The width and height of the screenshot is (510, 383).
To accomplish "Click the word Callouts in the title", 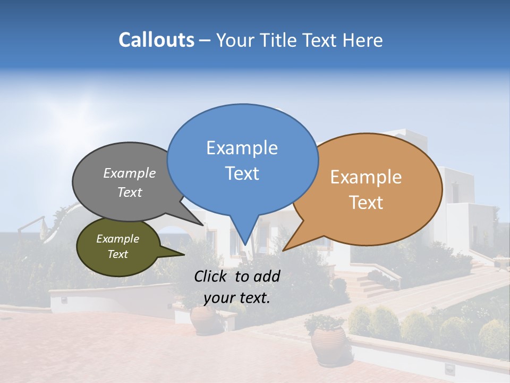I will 157,40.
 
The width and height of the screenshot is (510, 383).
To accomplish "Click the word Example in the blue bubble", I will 242,147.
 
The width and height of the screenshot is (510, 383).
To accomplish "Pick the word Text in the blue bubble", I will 242,173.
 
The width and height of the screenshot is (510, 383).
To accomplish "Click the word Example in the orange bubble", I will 366,177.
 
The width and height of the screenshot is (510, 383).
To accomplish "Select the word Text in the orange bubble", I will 366,203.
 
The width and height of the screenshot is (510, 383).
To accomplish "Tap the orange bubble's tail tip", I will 284,249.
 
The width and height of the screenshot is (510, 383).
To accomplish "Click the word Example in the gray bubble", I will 130,173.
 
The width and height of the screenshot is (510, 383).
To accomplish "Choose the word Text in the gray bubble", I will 130,192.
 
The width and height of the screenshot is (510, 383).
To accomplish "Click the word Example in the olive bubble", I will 117,239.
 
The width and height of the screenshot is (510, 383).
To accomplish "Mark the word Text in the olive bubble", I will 117,254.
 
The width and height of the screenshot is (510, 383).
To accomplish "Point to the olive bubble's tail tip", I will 184,254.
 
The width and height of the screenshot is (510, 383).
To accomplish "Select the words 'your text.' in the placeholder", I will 237,298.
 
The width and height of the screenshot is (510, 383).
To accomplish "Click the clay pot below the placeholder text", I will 203,319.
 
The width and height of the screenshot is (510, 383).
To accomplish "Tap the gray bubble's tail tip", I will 203,224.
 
